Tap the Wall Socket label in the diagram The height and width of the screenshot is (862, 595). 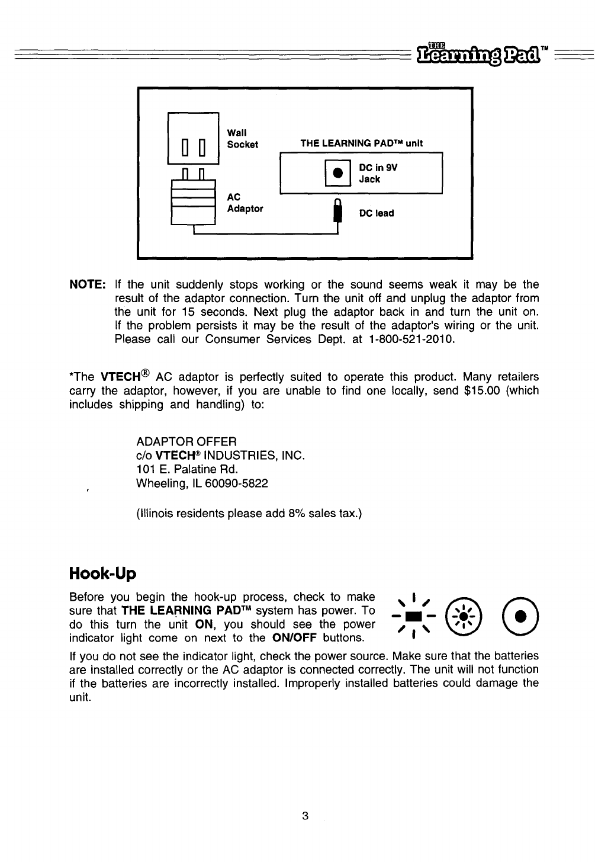(x=243, y=138)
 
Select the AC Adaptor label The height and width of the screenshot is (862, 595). (x=245, y=203)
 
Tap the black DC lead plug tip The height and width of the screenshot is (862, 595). (x=338, y=212)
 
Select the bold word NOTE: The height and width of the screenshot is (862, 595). (x=88, y=285)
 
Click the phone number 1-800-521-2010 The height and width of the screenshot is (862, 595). (x=410, y=340)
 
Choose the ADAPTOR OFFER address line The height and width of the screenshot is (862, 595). (x=186, y=442)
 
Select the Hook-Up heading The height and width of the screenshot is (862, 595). (x=102, y=573)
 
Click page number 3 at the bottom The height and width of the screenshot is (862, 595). (x=305, y=816)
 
